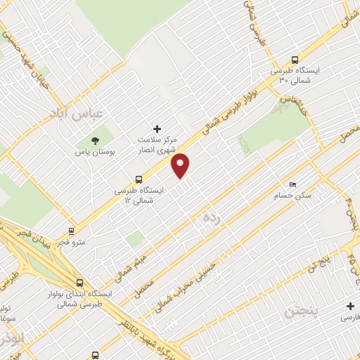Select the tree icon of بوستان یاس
click(96, 139)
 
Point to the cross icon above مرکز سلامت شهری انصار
click(157, 129)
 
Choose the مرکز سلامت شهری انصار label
click(157, 146)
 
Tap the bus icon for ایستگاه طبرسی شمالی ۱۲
click(139, 179)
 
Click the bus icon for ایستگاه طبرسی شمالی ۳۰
click(294, 60)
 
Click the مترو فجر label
click(70, 242)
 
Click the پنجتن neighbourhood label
click(298, 309)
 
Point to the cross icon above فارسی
click(350, 306)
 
